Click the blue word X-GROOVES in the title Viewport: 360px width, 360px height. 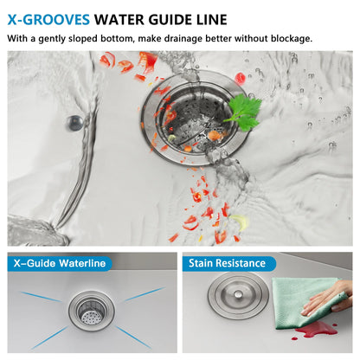(48, 20)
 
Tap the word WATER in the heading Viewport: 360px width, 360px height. (119, 20)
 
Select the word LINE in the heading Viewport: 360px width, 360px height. (212, 20)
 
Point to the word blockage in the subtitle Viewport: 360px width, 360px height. (291, 38)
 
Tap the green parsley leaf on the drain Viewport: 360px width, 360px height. (245, 112)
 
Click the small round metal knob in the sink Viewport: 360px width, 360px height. (74, 123)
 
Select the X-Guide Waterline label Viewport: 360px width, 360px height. (60, 263)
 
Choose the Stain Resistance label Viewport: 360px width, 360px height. (227, 263)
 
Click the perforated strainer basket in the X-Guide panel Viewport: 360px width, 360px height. (92, 312)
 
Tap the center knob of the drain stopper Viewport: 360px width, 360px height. (238, 294)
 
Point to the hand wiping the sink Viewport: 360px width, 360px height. (326, 299)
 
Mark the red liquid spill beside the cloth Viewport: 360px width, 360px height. (314, 331)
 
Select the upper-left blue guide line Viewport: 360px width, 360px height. (42, 297)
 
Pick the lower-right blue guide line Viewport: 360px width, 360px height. (133, 337)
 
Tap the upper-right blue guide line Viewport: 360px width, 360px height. (145, 294)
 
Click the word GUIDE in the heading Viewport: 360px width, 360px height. (170, 20)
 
